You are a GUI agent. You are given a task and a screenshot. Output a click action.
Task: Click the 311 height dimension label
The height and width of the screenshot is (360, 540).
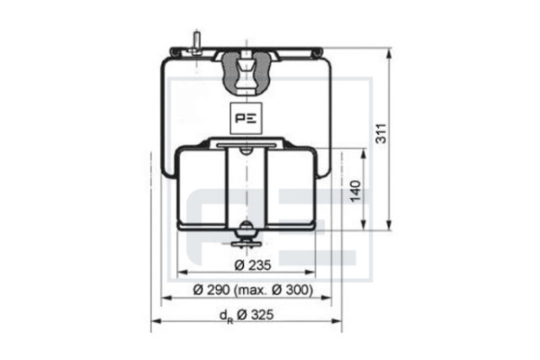[x=381, y=133]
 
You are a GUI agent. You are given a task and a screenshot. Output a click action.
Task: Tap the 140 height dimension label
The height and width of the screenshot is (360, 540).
[x=355, y=191]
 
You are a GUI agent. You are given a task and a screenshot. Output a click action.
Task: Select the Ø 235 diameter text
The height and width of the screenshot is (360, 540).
[x=253, y=265]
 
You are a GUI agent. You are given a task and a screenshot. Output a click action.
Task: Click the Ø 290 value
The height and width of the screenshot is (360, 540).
[x=211, y=290]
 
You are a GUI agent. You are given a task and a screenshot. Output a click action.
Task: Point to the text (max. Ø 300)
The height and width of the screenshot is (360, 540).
[x=274, y=290]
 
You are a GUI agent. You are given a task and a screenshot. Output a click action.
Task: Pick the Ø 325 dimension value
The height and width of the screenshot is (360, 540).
[x=256, y=314]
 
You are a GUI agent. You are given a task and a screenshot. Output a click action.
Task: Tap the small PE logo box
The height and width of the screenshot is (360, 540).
[x=246, y=118]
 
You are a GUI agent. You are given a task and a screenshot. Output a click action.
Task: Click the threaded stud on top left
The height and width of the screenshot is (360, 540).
[x=196, y=42]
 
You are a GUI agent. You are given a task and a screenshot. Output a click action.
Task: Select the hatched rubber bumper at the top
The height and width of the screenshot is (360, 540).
[x=246, y=73]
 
